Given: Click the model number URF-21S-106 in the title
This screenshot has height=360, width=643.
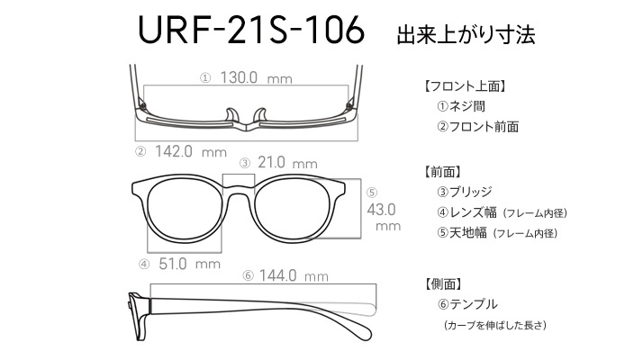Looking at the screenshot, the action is click(251, 30).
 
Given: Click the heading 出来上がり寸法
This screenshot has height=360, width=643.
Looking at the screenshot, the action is click(466, 35).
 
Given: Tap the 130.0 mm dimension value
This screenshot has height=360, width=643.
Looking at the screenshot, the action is click(257, 77).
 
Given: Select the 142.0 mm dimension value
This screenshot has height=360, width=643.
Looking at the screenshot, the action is click(191, 152).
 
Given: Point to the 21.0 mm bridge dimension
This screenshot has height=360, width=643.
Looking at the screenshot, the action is click(287, 163).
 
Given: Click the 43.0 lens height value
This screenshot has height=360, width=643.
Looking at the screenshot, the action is click(381, 210).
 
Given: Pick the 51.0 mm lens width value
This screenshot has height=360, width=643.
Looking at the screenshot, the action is click(189, 264).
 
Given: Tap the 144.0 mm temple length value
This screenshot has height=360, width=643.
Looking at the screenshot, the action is click(294, 275).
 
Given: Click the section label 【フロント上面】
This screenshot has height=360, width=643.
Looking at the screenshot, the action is click(465, 86).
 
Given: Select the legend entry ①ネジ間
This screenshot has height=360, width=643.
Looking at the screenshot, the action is click(461, 106).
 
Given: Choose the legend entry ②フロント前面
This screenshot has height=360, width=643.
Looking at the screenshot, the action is click(477, 127).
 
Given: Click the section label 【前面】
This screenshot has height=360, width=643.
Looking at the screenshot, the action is click(442, 171).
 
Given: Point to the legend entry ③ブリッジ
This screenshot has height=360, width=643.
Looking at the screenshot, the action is click(464, 192).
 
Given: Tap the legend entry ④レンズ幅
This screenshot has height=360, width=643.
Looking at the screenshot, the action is click(466, 212).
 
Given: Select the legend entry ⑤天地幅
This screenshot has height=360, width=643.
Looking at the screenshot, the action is click(462, 233).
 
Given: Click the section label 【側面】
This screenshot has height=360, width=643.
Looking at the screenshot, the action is click(442, 283).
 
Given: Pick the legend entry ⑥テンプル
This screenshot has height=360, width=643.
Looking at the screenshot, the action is click(467, 304).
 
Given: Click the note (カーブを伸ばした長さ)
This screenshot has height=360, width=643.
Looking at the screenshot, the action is click(495, 325).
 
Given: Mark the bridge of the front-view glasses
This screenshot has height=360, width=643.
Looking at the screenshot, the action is click(239, 189).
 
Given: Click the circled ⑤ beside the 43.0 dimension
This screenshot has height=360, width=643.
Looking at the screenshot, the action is click(372, 193).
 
